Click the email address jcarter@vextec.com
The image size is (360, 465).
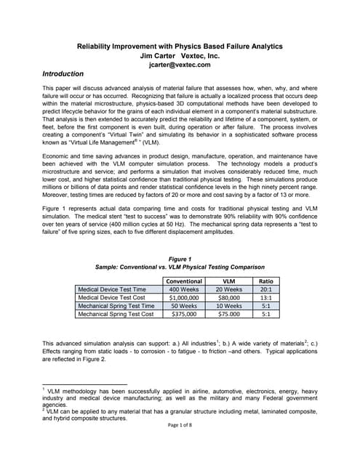(180, 65)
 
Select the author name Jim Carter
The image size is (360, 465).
(159, 55)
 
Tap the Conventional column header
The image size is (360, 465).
(184, 281)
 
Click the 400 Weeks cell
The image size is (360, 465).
(184, 289)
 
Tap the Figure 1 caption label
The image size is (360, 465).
(180, 258)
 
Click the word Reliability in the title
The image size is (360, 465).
(99, 46)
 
